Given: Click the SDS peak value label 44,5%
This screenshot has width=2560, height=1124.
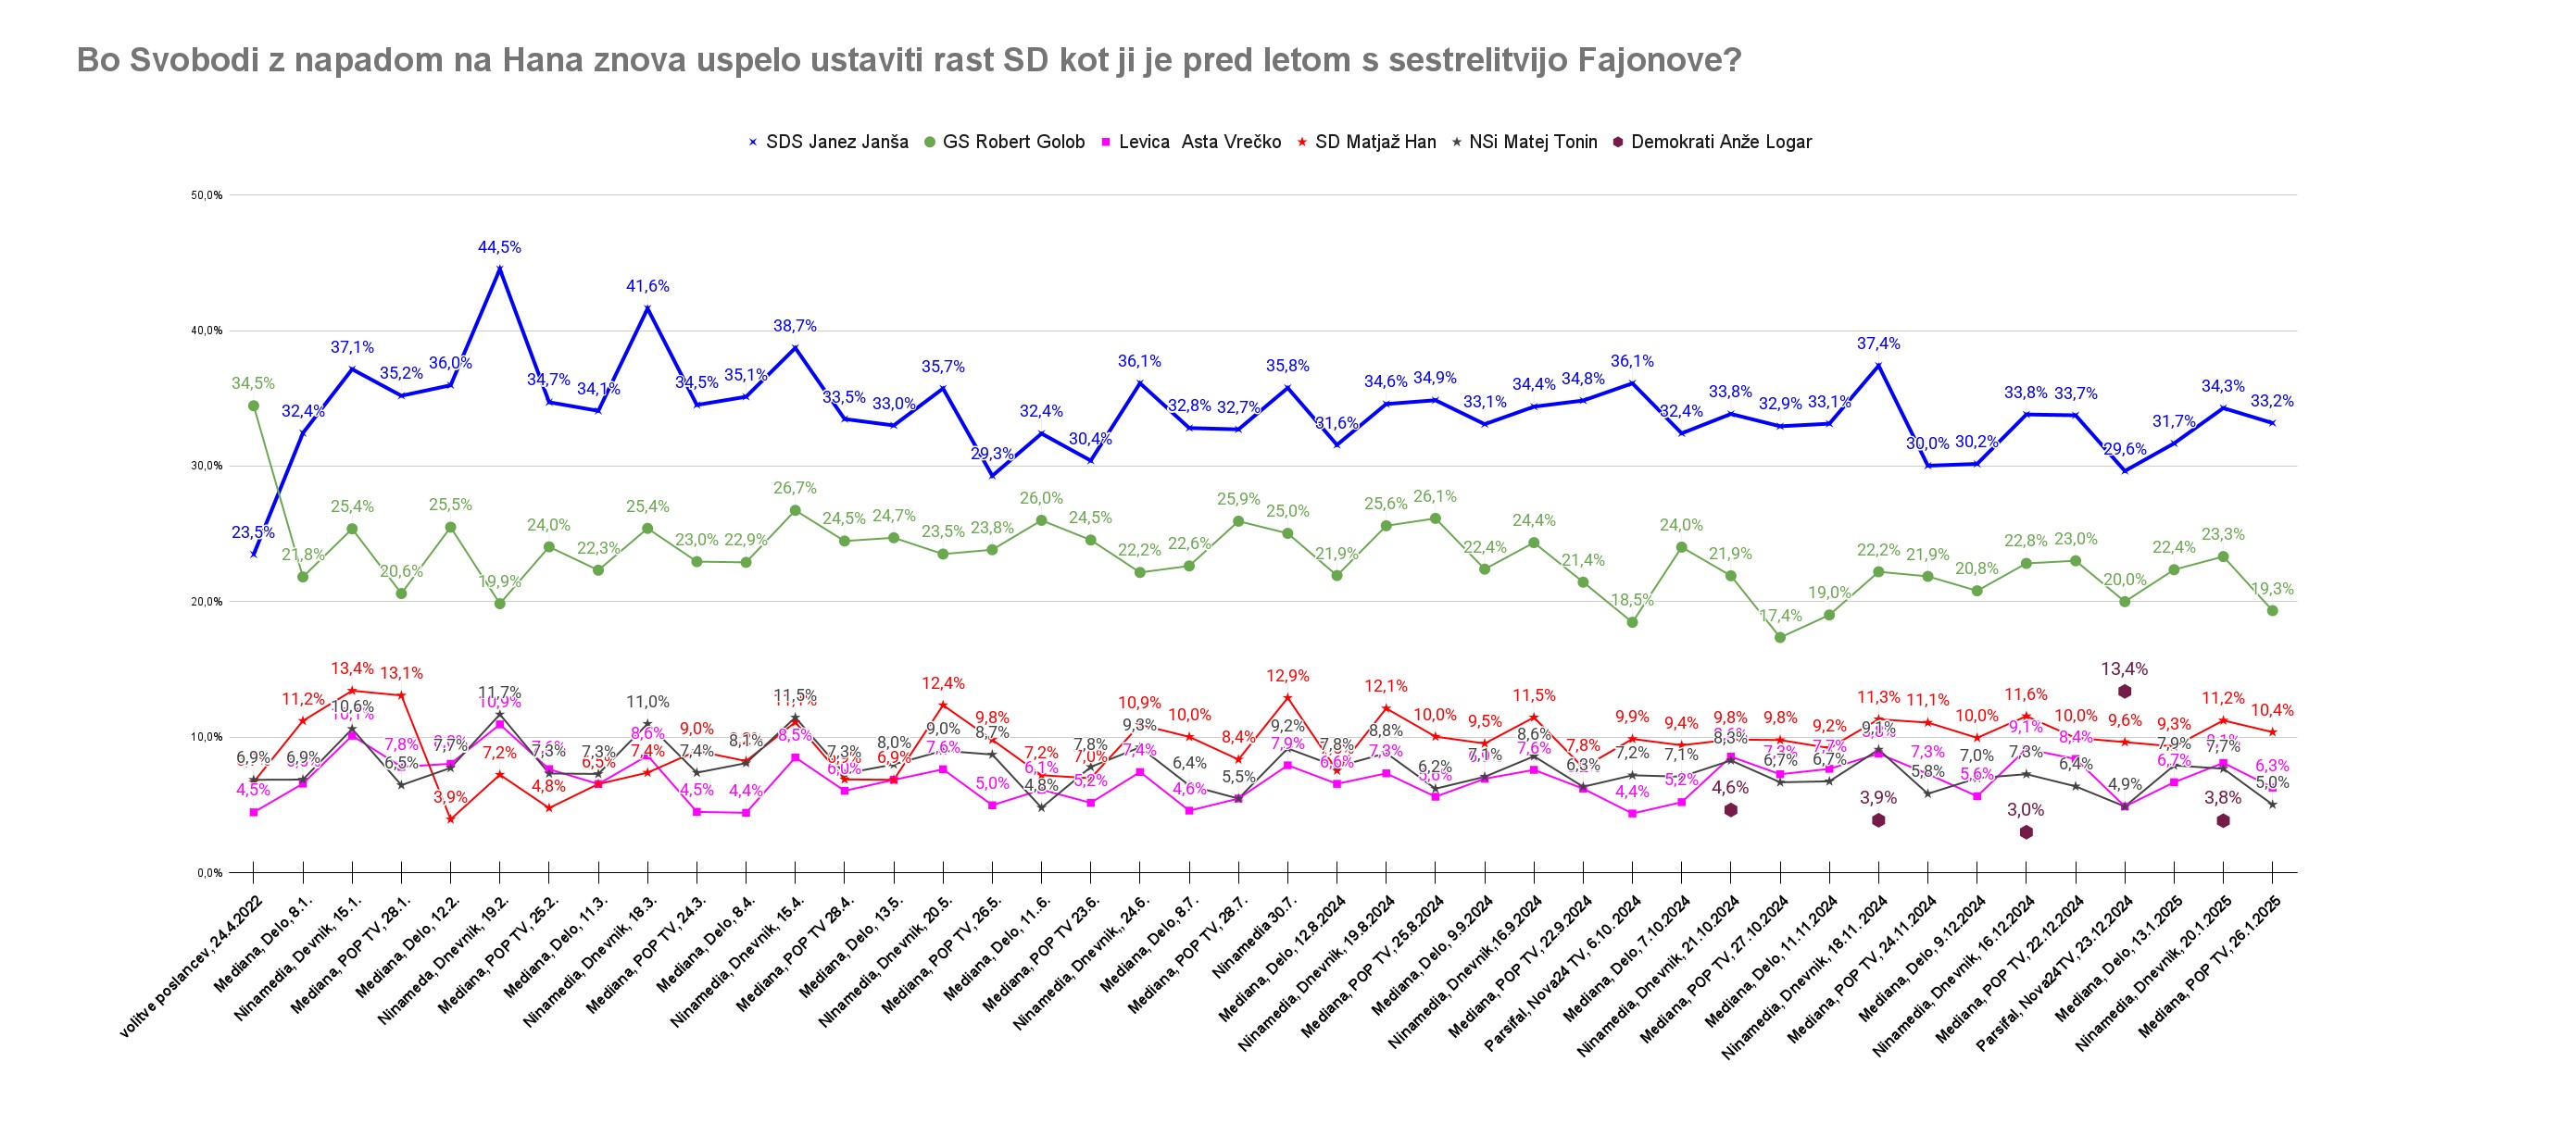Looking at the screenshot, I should [x=499, y=247].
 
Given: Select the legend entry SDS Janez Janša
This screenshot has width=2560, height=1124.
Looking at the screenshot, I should [x=835, y=142].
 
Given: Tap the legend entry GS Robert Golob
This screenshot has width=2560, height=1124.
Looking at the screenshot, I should [x=1012, y=142].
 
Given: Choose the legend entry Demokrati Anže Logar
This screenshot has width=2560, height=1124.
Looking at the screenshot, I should [x=1720, y=142].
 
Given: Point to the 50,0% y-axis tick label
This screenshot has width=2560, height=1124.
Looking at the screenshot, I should [x=207, y=195].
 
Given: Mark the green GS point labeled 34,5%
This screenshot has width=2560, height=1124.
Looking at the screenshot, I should [x=254, y=406].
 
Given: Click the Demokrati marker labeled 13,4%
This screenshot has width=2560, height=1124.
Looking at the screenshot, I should [x=2124, y=692].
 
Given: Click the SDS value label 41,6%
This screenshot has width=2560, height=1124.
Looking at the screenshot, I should [x=647, y=286].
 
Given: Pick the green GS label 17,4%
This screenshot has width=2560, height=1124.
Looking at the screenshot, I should [x=1780, y=616].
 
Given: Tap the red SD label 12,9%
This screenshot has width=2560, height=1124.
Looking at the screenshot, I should [x=1287, y=676].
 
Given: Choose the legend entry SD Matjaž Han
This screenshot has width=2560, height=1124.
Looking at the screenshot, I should [x=1374, y=142].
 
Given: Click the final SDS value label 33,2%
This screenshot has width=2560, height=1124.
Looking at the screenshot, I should [x=2272, y=402].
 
